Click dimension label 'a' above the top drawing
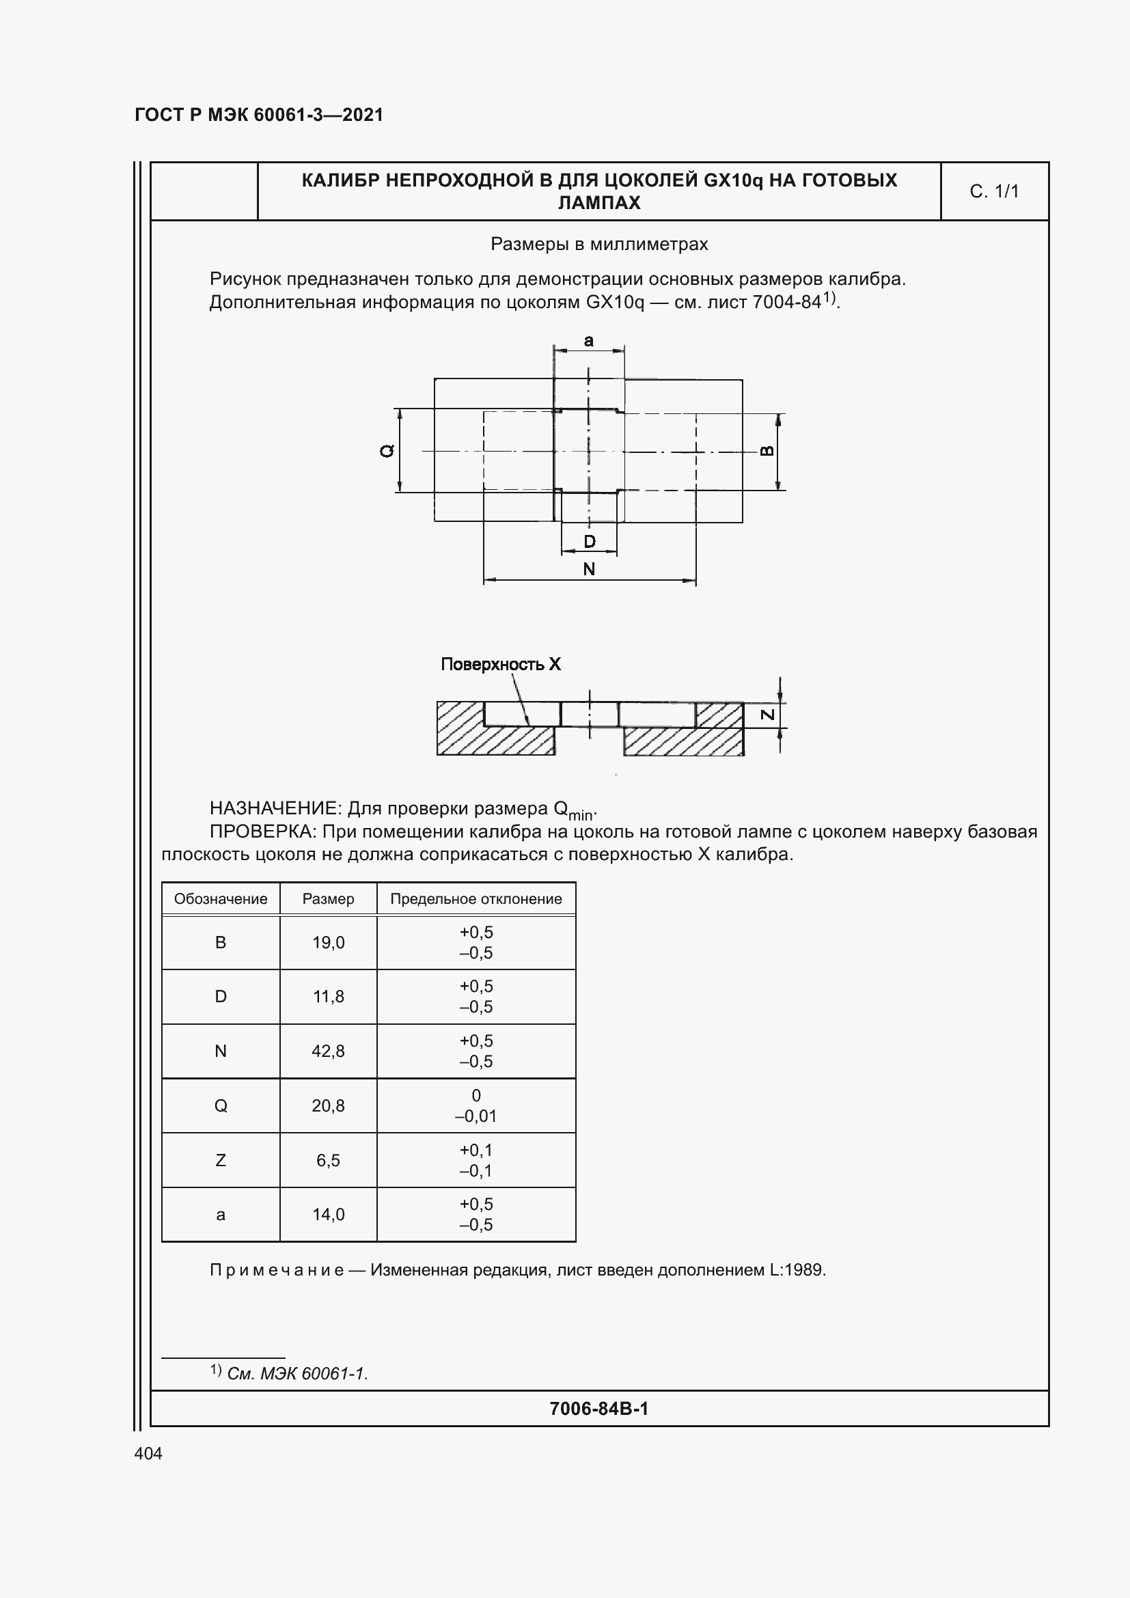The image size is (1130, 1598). tap(589, 341)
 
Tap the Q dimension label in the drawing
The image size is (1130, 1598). tap(387, 451)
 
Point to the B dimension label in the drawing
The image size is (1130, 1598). tap(766, 451)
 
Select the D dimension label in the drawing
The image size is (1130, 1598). tap(590, 542)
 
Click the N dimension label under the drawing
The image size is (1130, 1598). tap(589, 569)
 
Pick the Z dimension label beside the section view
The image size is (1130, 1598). tap(767, 715)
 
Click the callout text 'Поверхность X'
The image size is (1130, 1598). tap(500, 664)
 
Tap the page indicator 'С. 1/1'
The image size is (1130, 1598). tap(993, 191)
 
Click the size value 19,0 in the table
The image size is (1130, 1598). tap(328, 942)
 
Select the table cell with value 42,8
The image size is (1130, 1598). tap(328, 1051)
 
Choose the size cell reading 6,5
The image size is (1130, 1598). tap(328, 1160)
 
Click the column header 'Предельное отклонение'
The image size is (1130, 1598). tap(476, 898)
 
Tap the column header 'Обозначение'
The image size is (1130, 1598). tap(221, 898)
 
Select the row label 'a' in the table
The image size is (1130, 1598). tap(221, 1215)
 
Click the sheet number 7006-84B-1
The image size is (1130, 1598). tap(598, 1409)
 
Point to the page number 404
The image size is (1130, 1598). tap(148, 1453)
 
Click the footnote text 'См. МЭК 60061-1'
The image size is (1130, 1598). tap(297, 1373)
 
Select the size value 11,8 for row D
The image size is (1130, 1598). tap(328, 997)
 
